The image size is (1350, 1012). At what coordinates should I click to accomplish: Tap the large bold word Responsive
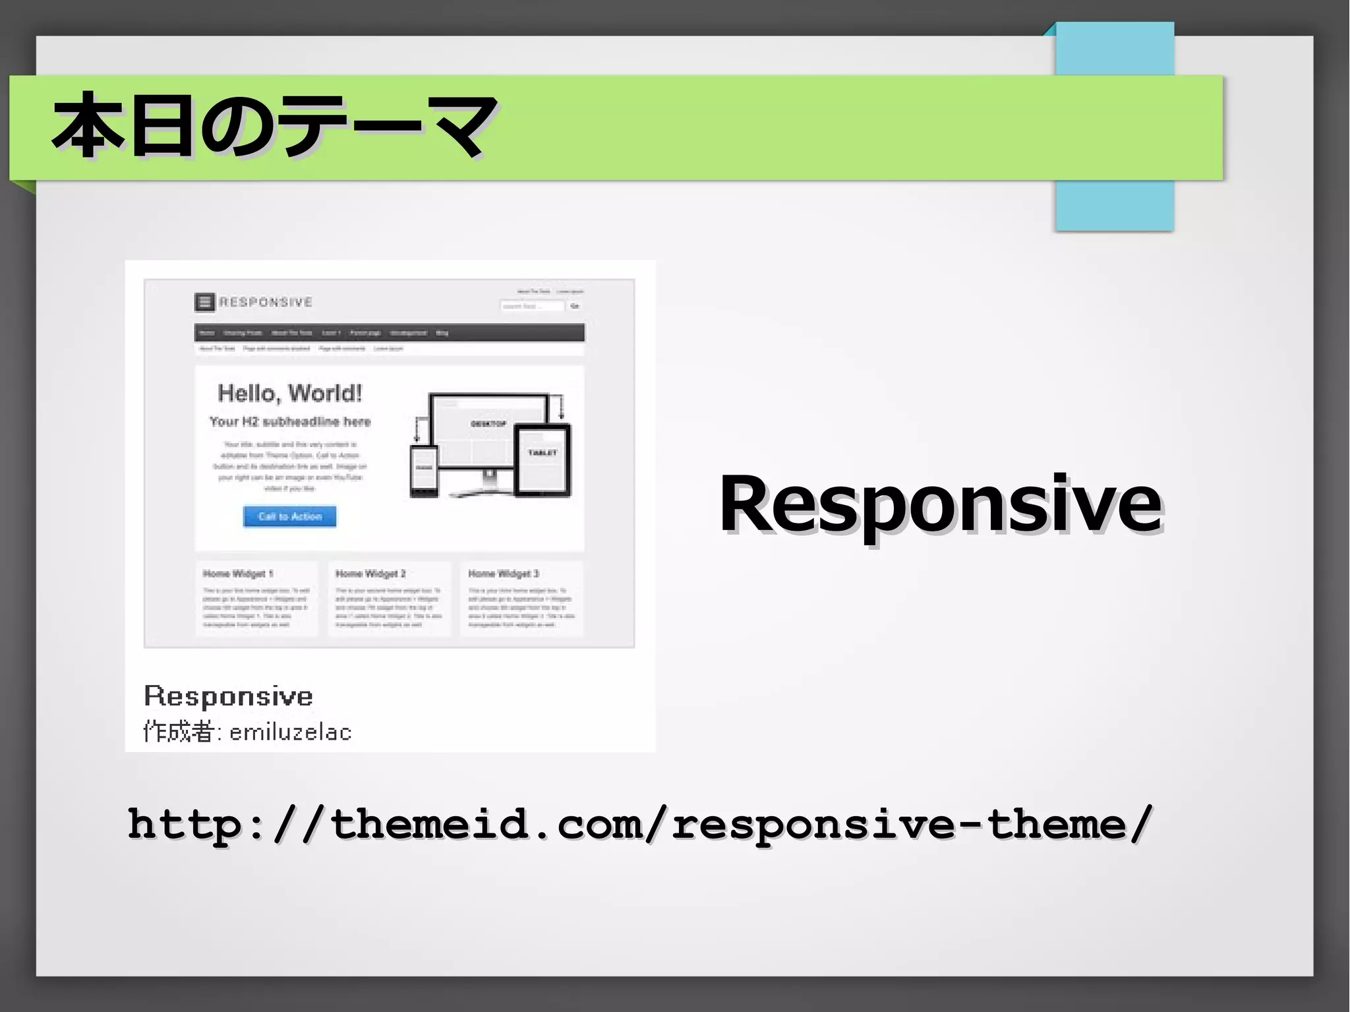[940, 504]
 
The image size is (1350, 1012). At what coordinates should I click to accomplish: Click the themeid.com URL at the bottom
[639, 824]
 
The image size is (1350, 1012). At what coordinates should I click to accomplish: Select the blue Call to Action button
[289, 516]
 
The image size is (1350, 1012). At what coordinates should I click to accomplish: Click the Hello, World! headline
[289, 394]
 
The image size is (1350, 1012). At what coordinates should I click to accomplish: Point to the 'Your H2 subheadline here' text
[289, 422]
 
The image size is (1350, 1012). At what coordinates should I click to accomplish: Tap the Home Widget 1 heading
[237, 574]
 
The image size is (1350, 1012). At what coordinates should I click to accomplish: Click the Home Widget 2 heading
[370, 574]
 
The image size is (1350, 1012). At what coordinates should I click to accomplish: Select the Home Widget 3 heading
[504, 574]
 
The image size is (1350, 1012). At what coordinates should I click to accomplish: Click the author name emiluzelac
[290, 732]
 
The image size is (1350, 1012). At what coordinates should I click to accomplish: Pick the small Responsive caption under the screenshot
[228, 696]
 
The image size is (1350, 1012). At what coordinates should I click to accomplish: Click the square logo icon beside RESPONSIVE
[204, 302]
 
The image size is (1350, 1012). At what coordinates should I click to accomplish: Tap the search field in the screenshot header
[532, 306]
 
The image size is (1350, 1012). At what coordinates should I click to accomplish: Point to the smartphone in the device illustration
[424, 471]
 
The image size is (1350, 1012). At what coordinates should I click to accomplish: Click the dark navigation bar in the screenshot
[389, 333]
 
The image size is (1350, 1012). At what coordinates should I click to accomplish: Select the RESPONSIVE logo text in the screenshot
[266, 302]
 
